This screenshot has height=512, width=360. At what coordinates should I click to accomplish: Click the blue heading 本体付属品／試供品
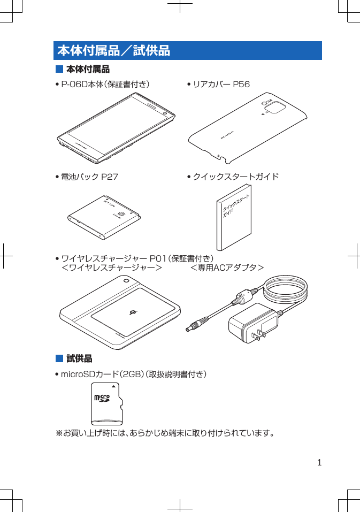pyautogui.click(x=113, y=51)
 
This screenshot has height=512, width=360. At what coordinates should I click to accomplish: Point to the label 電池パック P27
pyautogui.click(x=89, y=177)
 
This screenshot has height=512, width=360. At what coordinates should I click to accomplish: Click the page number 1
pyautogui.click(x=319, y=462)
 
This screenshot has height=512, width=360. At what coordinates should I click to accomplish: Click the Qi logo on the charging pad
pyautogui.click(x=134, y=312)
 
